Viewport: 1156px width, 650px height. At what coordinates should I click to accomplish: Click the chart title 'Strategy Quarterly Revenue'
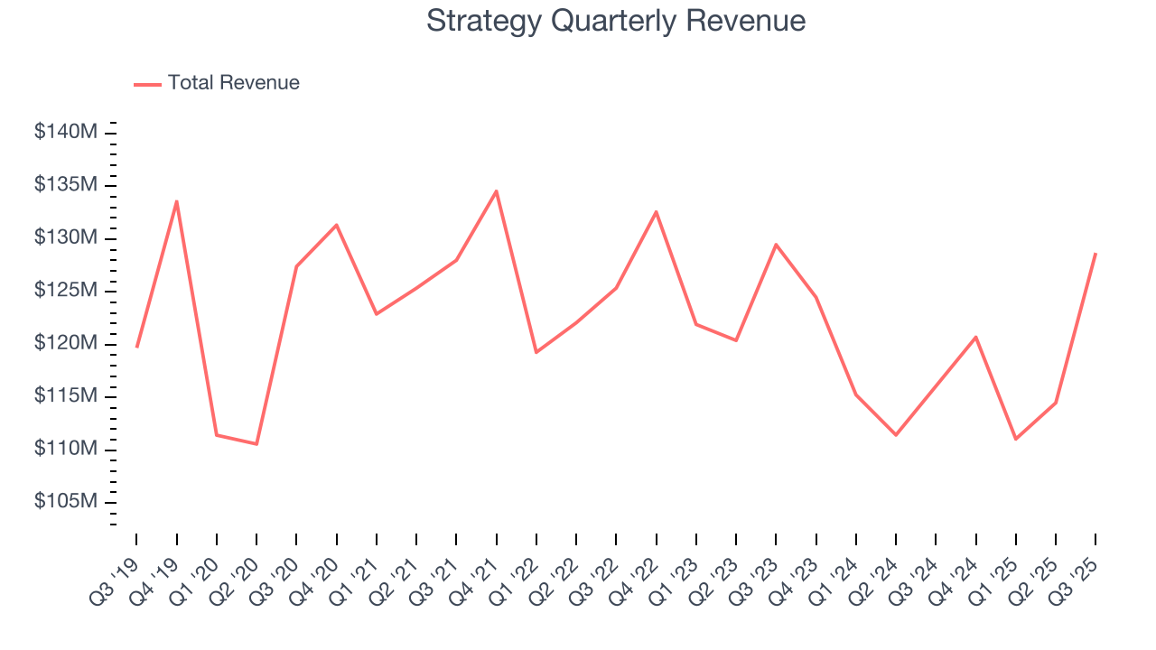(616, 21)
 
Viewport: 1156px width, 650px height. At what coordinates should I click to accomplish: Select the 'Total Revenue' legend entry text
(233, 83)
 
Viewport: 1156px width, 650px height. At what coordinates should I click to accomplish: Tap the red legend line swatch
(147, 84)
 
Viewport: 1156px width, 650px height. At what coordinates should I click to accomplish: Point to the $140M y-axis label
(65, 132)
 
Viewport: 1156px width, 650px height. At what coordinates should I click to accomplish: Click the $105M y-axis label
(65, 502)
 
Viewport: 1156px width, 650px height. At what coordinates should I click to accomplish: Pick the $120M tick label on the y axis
(65, 343)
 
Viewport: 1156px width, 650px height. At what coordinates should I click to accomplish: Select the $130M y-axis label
(65, 237)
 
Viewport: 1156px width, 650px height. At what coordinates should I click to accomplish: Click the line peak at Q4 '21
(496, 190)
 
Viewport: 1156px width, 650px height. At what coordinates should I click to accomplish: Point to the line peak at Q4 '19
(176, 200)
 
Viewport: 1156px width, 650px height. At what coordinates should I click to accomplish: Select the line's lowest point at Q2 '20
(256, 444)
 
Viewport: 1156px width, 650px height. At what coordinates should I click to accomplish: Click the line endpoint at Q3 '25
(1095, 253)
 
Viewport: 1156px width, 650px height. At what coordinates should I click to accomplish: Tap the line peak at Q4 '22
(656, 211)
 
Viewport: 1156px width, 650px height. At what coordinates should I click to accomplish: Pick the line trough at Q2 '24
(896, 435)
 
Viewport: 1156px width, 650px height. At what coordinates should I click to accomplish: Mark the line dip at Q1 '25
(1016, 439)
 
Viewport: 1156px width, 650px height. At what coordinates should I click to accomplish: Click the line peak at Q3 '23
(776, 244)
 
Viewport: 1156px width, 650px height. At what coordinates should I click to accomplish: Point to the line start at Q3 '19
(136, 347)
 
